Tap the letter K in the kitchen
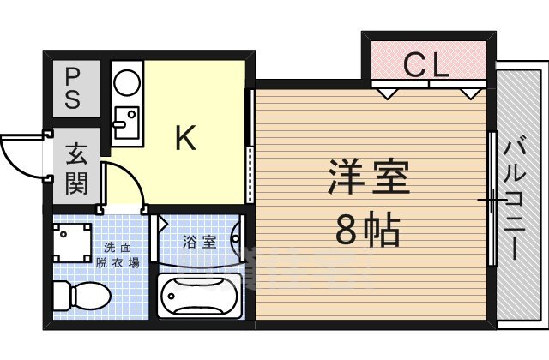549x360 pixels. coord(185,137)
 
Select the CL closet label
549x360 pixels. coord(426,65)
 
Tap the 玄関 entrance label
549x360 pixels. coord(75,169)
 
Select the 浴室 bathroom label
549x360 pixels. coord(199,242)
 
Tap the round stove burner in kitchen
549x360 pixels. coord(128,84)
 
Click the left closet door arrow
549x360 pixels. coord(389,90)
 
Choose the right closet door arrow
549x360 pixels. coord(469,90)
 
